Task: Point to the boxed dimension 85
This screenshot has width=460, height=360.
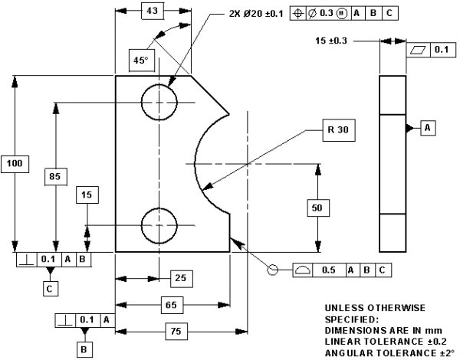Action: click(x=54, y=177)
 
